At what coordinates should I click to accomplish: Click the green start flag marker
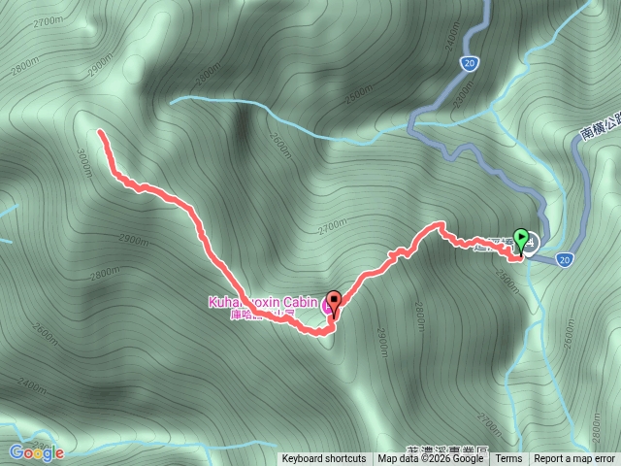(x=521, y=238)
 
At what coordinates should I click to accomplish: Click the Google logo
(x=36, y=452)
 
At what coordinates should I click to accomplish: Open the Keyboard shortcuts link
(x=324, y=459)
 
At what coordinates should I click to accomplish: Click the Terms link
(x=508, y=459)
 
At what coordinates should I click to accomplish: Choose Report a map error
(x=574, y=459)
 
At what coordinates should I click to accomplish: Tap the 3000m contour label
(x=84, y=159)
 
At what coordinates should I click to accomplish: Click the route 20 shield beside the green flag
(x=565, y=259)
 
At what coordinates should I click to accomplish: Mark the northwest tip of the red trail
(x=100, y=131)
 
